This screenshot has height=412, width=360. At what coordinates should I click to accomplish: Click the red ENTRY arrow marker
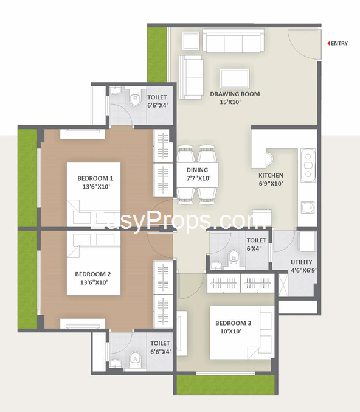click(328, 44)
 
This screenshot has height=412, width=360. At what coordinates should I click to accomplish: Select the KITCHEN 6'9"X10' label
click(271, 180)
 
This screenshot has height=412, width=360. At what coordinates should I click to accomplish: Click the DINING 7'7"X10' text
click(198, 174)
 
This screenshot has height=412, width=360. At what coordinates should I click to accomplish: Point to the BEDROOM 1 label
click(95, 182)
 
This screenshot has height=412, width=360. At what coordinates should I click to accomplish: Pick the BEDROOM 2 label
click(93, 278)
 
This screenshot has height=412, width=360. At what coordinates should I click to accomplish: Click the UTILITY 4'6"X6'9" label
click(305, 266)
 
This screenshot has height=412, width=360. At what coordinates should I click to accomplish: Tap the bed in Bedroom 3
click(234, 332)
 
